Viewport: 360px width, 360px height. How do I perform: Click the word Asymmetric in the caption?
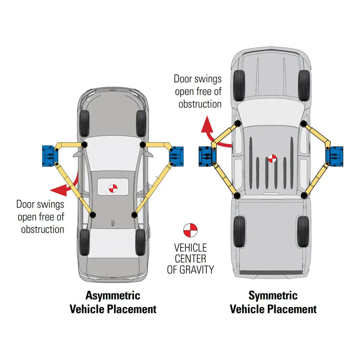112,296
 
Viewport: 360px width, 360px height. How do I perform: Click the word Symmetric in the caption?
273,296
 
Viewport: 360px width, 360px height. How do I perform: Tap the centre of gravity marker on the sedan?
113,188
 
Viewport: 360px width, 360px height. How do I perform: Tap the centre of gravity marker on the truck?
272,158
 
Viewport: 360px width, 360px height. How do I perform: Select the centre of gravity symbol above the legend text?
190,230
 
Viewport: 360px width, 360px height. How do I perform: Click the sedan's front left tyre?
85,123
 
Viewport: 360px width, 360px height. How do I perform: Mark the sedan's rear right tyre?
141,242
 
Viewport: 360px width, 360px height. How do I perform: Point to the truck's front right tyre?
304,85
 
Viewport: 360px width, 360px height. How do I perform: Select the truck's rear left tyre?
239,231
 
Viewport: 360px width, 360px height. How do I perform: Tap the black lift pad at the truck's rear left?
237,195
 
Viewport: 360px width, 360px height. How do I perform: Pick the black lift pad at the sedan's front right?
143,145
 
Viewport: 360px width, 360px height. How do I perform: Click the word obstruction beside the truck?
200,104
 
